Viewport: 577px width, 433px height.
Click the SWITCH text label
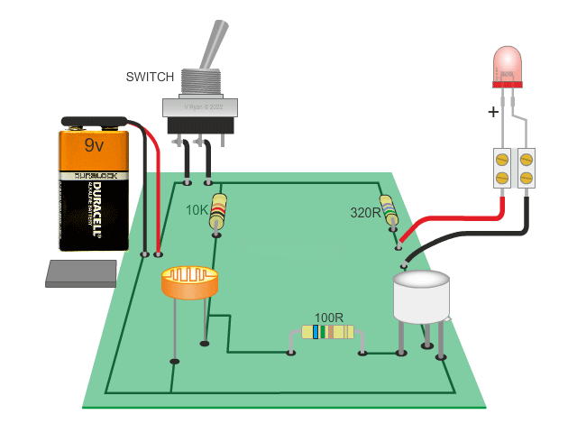(149, 77)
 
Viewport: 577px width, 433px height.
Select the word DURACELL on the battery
(94, 213)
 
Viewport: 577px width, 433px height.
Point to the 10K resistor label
(197, 210)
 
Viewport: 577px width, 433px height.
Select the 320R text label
(365, 214)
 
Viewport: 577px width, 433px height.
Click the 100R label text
(328, 318)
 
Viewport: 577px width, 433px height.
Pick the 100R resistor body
(327, 332)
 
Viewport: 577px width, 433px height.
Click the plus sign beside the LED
(493, 113)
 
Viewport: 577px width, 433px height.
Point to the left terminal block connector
(501, 168)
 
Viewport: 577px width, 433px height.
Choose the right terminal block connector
(527, 168)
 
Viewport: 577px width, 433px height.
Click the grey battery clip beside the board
(81, 273)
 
